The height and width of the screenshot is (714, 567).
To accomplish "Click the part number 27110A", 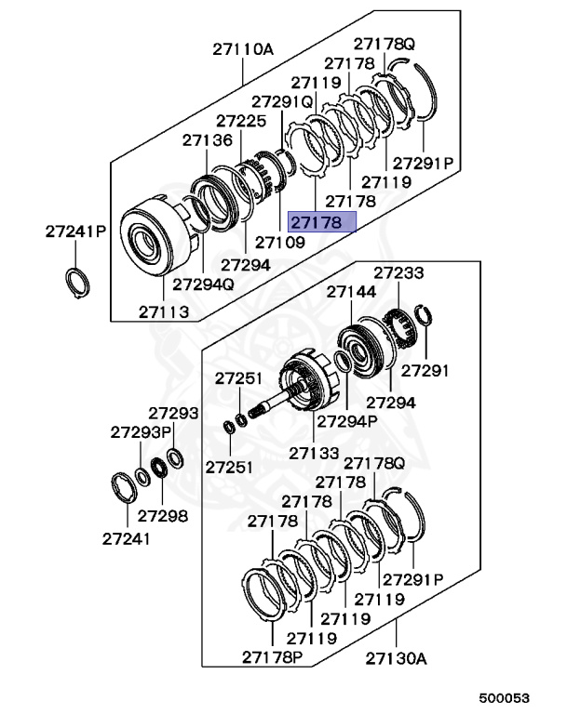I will pyautogui.click(x=243, y=50).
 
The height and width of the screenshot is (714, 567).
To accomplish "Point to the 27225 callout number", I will pyautogui.click(x=241, y=121).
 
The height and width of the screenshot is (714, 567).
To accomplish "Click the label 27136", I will pyautogui.click(x=207, y=140).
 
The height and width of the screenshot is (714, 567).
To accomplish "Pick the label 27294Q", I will pyautogui.click(x=205, y=284).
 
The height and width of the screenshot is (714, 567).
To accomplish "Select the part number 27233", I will pyautogui.click(x=398, y=273).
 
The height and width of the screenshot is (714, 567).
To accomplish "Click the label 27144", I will pyautogui.click(x=351, y=292).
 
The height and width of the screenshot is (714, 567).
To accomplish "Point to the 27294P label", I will pyautogui.click(x=346, y=420).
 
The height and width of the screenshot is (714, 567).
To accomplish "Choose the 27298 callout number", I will pyautogui.click(x=163, y=515).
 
